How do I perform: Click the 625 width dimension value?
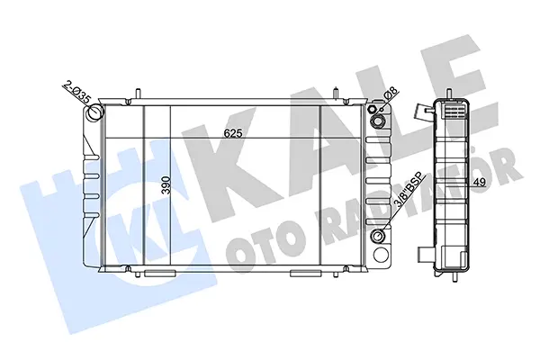click(x=233, y=133)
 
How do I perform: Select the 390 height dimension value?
click(x=166, y=185)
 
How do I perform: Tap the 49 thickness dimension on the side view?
click(x=480, y=182)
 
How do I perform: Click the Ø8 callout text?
click(x=391, y=94)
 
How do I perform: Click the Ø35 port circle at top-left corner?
click(x=94, y=112)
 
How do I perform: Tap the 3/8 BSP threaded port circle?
click(x=379, y=237)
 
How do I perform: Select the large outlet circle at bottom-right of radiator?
click(x=380, y=256)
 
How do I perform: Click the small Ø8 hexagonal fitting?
click(x=372, y=109)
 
